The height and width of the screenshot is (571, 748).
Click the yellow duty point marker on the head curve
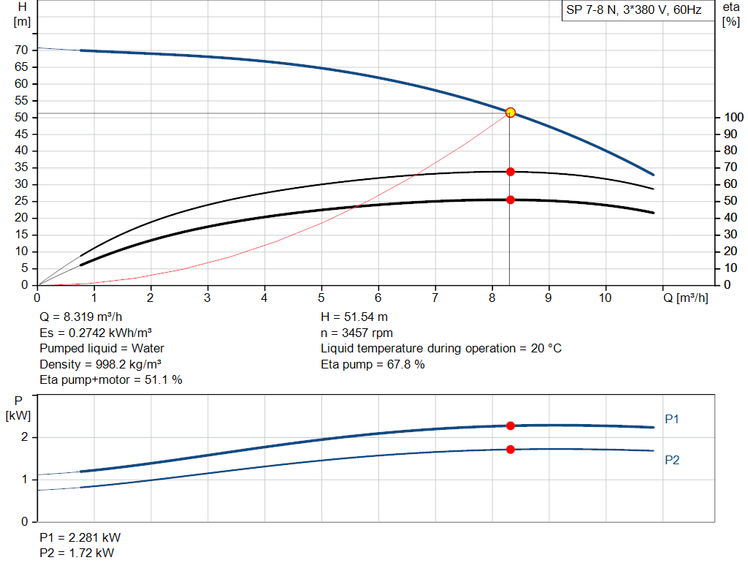(x=511, y=113)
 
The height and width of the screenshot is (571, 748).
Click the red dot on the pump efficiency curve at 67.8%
(x=511, y=172)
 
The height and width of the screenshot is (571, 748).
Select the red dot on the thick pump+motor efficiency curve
(x=511, y=200)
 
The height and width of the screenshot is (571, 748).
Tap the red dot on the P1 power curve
(x=511, y=426)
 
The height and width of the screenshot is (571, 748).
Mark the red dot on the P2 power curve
(x=511, y=449)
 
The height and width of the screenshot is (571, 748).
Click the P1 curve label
(x=673, y=419)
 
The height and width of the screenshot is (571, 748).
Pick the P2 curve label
(x=673, y=460)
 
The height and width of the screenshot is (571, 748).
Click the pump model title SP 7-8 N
(x=633, y=10)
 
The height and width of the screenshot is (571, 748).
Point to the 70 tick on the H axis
(x=21, y=50)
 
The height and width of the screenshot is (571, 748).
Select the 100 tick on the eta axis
(x=733, y=118)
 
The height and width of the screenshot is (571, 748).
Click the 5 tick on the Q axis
(x=321, y=298)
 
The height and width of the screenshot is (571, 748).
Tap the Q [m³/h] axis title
(x=685, y=298)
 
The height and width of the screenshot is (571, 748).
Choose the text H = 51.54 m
(x=354, y=317)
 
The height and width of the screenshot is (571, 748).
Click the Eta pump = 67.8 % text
(x=373, y=364)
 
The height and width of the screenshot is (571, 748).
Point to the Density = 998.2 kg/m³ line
(x=101, y=364)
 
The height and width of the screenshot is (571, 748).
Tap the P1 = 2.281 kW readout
(x=80, y=537)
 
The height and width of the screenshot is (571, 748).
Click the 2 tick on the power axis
(x=24, y=437)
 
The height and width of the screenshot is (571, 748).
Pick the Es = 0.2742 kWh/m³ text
(x=96, y=333)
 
